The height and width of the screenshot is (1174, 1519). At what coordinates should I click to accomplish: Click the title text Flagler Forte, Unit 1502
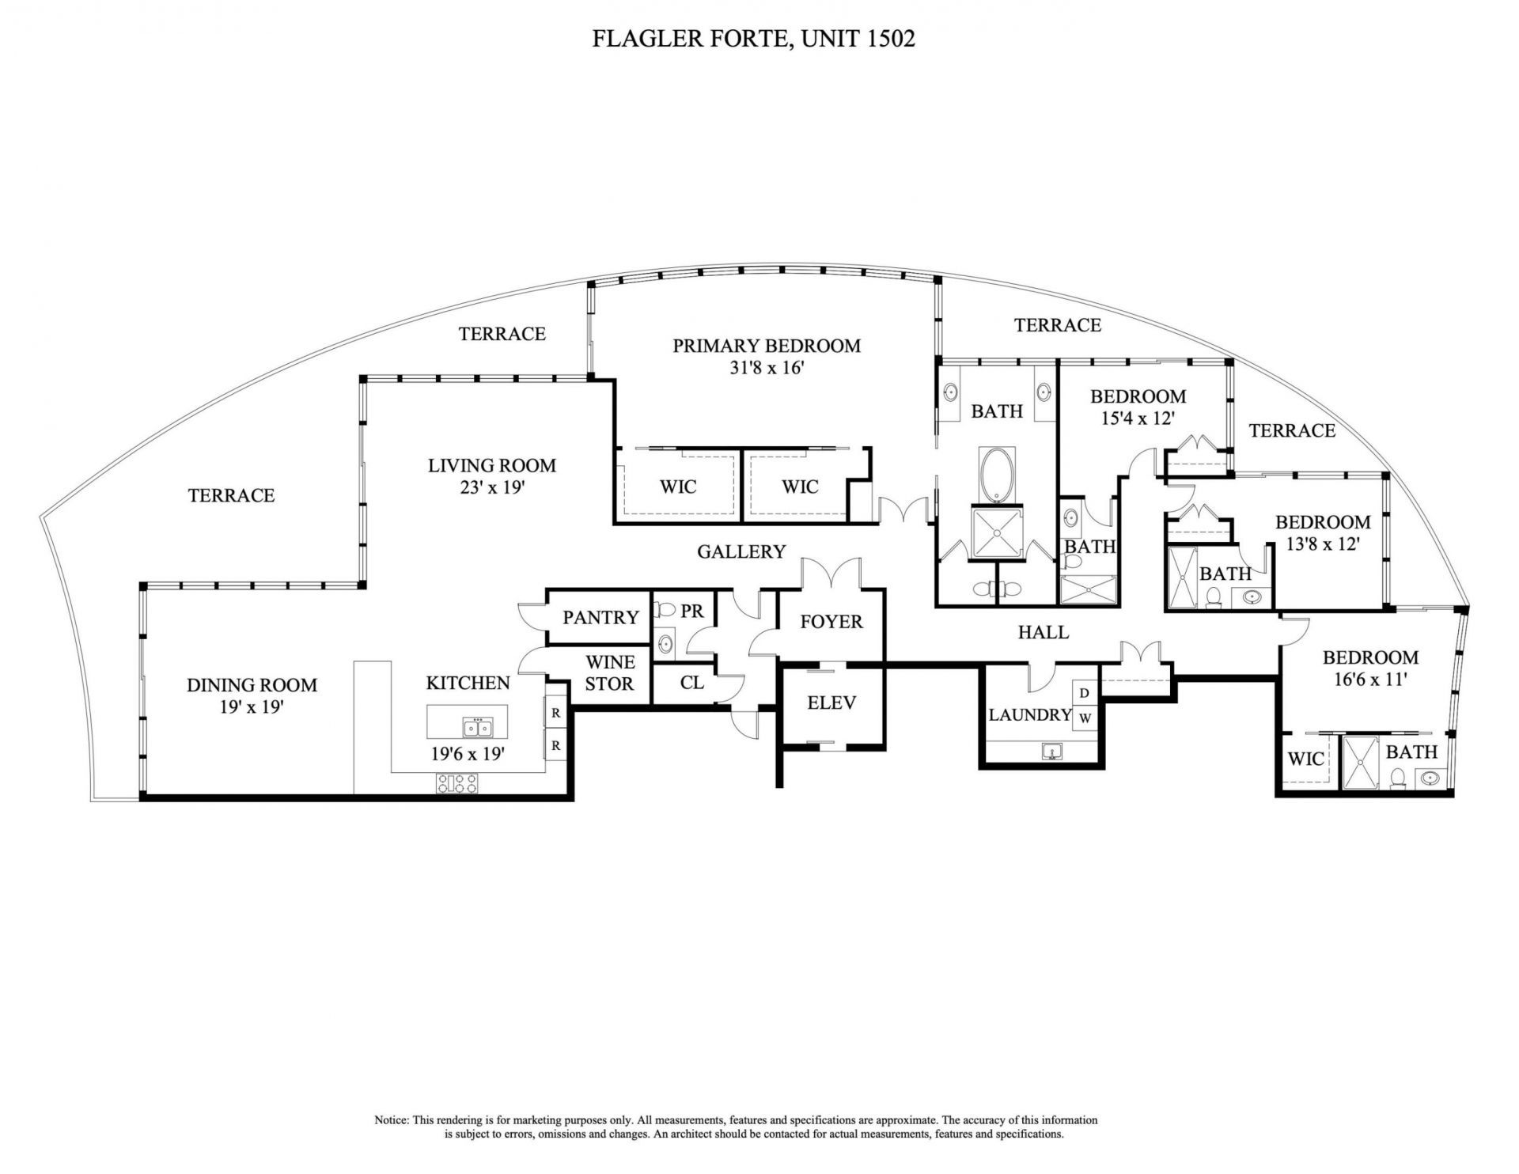(x=753, y=39)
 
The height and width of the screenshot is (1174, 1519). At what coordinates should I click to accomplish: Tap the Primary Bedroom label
(x=766, y=346)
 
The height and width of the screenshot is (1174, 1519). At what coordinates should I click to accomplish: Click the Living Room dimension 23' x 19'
(x=492, y=487)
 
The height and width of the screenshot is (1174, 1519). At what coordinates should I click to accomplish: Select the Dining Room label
(x=252, y=685)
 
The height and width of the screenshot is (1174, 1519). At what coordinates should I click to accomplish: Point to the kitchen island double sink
(x=476, y=727)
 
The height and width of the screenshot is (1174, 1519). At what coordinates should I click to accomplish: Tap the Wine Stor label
(x=609, y=672)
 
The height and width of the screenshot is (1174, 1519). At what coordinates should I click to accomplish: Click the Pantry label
(x=600, y=617)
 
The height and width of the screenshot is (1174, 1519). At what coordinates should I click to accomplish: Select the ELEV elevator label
(x=831, y=703)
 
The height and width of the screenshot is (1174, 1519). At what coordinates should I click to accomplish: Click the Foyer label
(x=831, y=622)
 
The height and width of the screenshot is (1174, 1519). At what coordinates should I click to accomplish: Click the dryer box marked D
(x=1085, y=693)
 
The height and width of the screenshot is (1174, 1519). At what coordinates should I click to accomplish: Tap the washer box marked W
(x=1085, y=718)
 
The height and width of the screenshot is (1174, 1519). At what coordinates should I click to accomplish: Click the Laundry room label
(x=1030, y=715)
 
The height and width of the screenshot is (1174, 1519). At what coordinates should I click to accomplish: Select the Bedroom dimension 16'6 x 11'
(x=1370, y=679)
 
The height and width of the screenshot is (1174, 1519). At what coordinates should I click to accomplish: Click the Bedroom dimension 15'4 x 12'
(x=1138, y=418)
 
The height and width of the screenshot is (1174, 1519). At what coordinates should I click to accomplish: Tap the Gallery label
(x=741, y=551)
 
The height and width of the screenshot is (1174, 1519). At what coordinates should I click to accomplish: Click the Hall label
(x=1043, y=632)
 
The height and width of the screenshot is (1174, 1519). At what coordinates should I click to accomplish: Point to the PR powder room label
(x=692, y=612)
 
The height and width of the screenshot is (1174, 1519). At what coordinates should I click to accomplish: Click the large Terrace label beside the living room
(x=231, y=495)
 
